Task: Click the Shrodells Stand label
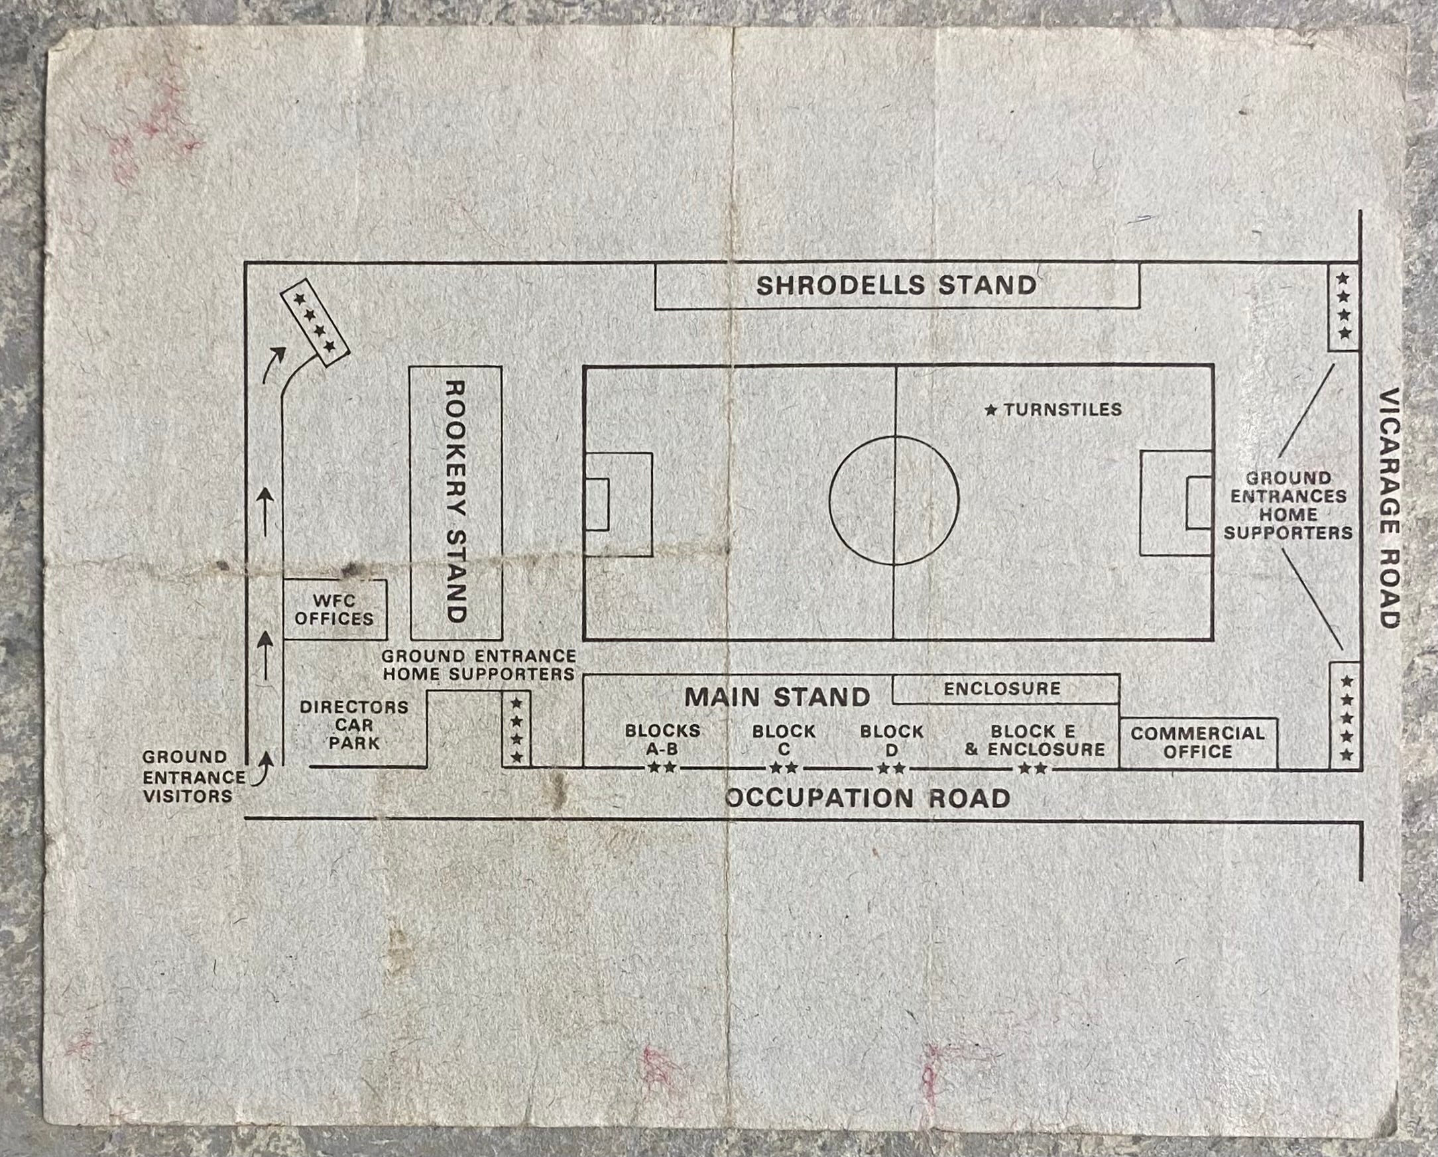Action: pos(896,285)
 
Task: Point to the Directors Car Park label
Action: pos(353,725)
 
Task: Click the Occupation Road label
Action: pos(867,798)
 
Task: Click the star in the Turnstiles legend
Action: pos(991,410)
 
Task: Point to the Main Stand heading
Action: pos(778,698)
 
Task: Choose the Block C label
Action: pos(784,740)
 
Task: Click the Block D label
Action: pos(892,740)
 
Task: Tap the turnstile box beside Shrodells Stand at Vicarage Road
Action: pos(1343,307)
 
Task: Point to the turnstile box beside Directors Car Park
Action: pos(516,729)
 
